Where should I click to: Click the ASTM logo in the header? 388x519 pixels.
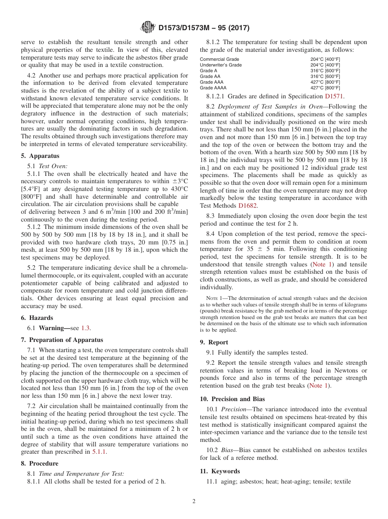(147, 28)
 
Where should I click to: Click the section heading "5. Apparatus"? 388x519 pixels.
(40, 156)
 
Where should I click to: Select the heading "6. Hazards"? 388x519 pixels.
(37, 318)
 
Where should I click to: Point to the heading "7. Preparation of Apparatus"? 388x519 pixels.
(62, 340)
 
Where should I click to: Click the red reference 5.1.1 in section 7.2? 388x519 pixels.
(99, 452)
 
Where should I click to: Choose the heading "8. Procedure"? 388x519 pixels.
(40, 464)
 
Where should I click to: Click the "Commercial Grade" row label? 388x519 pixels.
(220, 59)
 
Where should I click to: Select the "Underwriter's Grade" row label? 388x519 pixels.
(221, 65)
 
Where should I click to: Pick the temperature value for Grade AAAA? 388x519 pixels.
(325, 88)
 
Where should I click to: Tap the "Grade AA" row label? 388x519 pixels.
(210, 76)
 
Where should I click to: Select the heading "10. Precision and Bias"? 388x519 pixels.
(232, 399)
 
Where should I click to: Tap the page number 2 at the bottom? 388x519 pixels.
(194, 501)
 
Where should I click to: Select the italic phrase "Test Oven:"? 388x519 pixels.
(53, 166)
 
